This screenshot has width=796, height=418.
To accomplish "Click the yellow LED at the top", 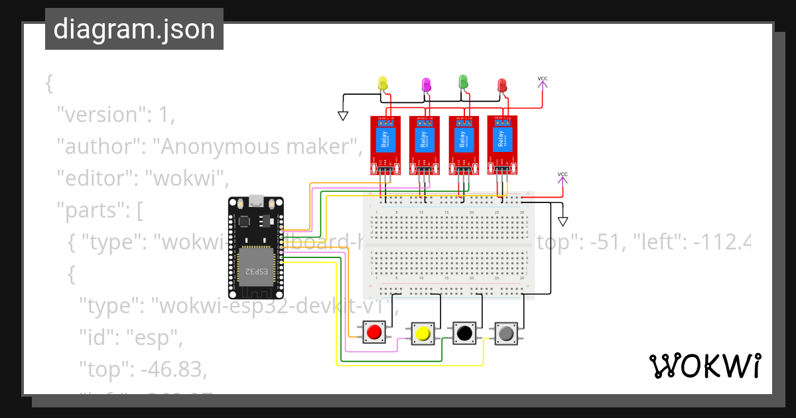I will pyautogui.click(x=383, y=83).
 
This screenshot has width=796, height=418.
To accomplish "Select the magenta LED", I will pyautogui.click(x=427, y=84).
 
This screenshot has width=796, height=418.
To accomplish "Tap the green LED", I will pyautogui.click(x=464, y=82).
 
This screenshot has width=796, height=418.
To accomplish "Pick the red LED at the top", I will pyautogui.click(x=502, y=85).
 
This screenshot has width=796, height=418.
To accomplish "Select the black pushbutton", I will pyautogui.click(x=464, y=332).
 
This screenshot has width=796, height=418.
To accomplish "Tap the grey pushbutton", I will pyautogui.click(x=507, y=332).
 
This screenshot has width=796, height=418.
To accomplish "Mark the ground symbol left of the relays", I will pyautogui.click(x=343, y=115).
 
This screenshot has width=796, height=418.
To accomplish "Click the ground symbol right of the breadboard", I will pyautogui.click(x=563, y=222).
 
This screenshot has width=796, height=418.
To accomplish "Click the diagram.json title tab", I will pyautogui.click(x=134, y=29).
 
